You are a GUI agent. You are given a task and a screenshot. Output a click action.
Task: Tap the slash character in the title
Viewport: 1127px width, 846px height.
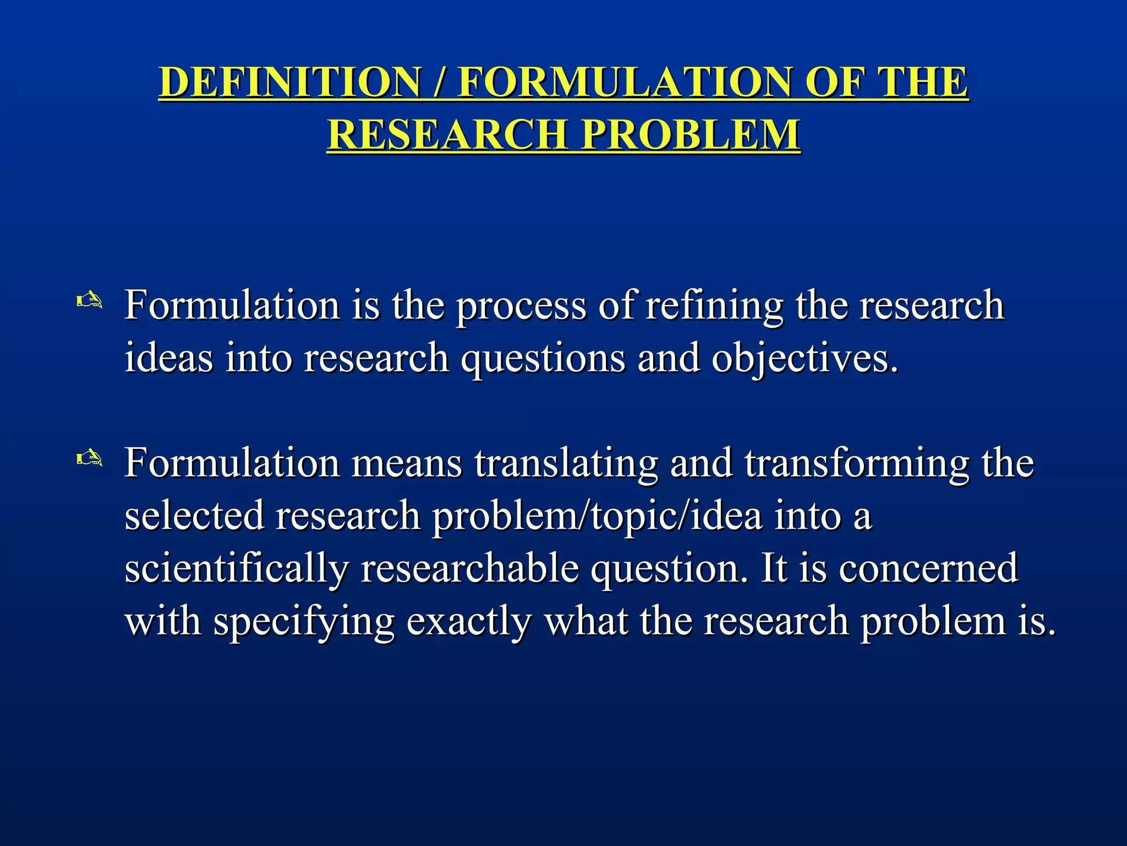click(x=439, y=83)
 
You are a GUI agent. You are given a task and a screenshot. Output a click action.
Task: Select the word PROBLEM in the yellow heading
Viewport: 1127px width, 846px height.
click(x=691, y=134)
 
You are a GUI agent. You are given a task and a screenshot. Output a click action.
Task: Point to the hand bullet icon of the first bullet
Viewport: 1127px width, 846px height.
click(x=89, y=301)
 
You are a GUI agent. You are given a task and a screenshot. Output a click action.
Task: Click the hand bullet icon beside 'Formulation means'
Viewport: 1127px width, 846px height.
click(x=89, y=458)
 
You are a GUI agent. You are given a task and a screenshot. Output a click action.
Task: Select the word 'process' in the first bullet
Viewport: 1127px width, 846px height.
click(x=522, y=306)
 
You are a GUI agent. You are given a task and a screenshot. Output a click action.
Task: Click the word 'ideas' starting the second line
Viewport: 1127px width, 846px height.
click(x=169, y=358)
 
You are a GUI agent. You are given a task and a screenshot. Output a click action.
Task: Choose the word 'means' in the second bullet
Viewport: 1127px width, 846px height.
click(x=407, y=463)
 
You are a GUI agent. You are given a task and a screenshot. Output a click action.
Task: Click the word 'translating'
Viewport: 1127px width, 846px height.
click(x=566, y=463)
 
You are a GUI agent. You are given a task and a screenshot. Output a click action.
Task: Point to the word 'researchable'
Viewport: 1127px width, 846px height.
click(x=469, y=568)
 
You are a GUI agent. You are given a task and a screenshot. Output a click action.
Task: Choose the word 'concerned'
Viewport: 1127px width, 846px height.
click(x=928, y=568)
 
